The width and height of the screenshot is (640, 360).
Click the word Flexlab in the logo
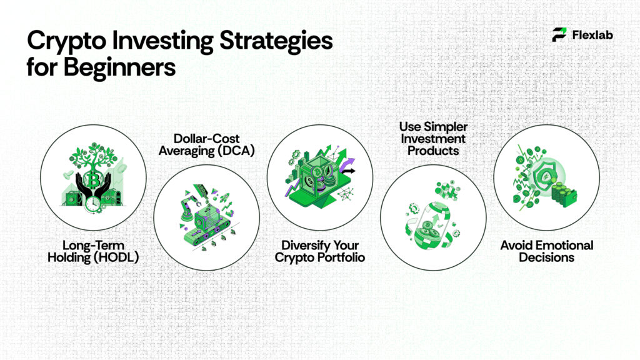coord(592,35)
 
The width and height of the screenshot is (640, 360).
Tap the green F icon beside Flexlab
coord(559,35)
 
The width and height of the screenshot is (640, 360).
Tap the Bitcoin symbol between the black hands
coord(94,182)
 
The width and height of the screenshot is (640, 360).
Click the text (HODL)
coord(116,257)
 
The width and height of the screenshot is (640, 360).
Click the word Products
coord(433,151)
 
